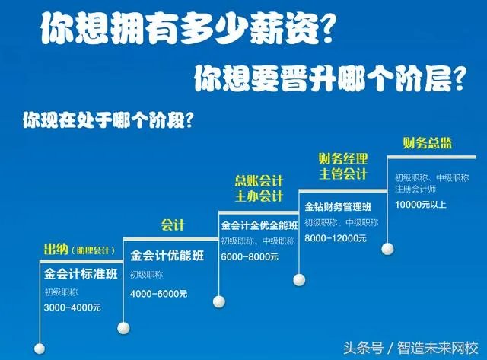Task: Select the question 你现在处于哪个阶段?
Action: [x=107, y=119]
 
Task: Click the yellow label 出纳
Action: [x=56, y=249]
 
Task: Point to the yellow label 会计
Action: [x=172, y=225]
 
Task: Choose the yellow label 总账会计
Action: [x=258, y=180]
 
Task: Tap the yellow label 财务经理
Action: [x=342, y=159]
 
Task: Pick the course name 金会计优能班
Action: [x=167, y=255]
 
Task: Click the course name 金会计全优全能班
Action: [x=258, y=226]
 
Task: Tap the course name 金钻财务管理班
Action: [x=338, y=206]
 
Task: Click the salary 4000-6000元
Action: [x=158, y=293]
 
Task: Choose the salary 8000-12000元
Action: [x=335, y=238]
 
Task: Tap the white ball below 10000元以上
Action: [x=389, y=248]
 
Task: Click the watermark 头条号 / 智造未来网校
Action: [x=426, y=347]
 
